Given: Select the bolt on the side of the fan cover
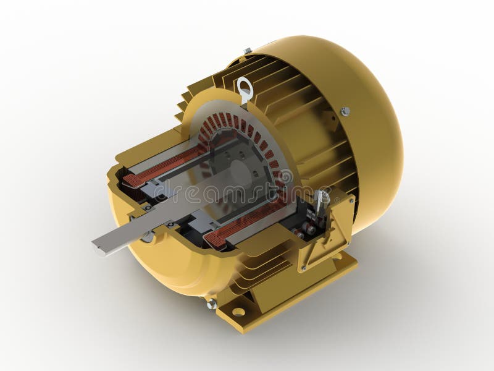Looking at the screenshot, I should pyautogui.click(x=345, y=111).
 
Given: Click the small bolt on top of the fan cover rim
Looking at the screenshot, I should pyautogui.click(x=248, y=51).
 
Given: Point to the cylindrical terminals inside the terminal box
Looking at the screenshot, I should pyautogui.click(x=309, y=228).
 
